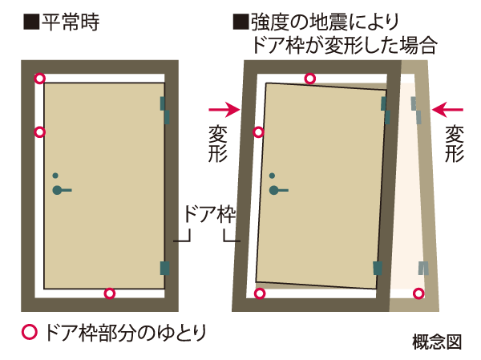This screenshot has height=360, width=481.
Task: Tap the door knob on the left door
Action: [59, 190]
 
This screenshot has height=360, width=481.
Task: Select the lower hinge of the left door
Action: [166, 267]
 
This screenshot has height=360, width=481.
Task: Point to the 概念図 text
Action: [440, 341]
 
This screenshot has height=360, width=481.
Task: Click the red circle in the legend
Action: [30, 330]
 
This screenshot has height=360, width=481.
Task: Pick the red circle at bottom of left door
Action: [110, 293]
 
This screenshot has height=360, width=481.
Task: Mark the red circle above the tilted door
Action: [310, 78]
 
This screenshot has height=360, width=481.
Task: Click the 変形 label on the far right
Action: [455, 142]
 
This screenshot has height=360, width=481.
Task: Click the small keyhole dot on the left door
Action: [55, 176]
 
